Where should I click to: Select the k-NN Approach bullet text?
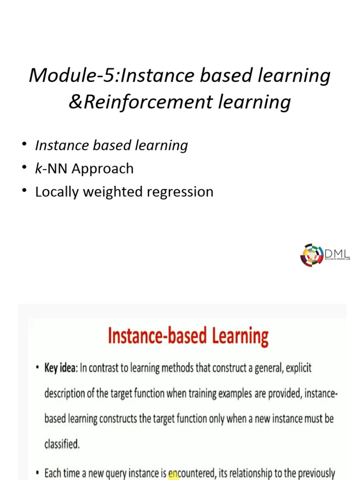(84, 169)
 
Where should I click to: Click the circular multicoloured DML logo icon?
(312, 255)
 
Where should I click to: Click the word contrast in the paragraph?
(107, 368)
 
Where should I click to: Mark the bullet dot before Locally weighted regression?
(23, 192)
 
